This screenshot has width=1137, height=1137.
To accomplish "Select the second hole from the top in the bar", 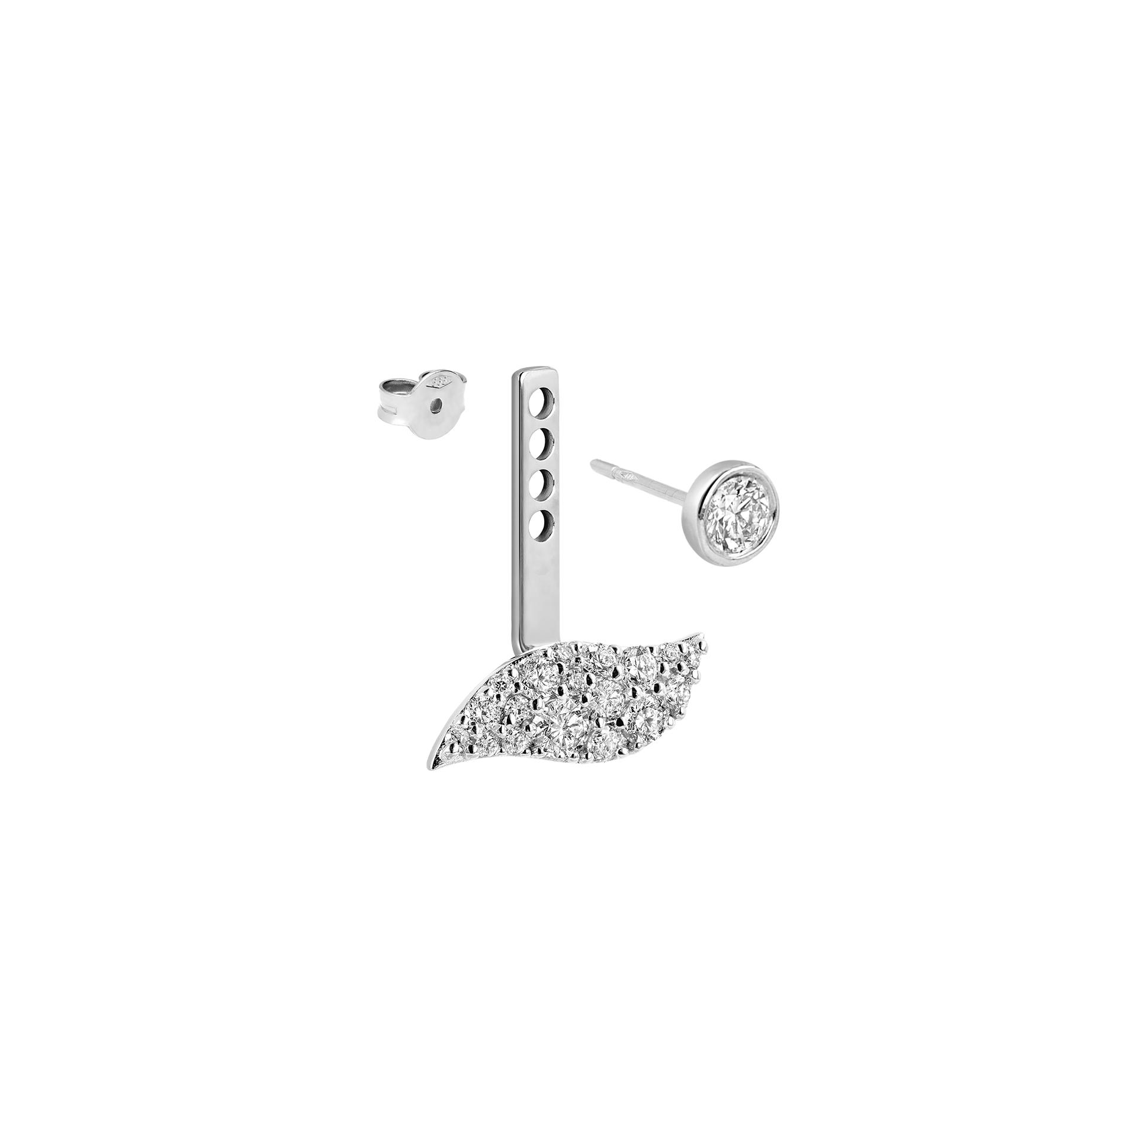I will [542, 441].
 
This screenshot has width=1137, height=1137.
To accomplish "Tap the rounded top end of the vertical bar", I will [533, 373].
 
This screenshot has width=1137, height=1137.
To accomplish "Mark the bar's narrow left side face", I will [516, 503].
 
